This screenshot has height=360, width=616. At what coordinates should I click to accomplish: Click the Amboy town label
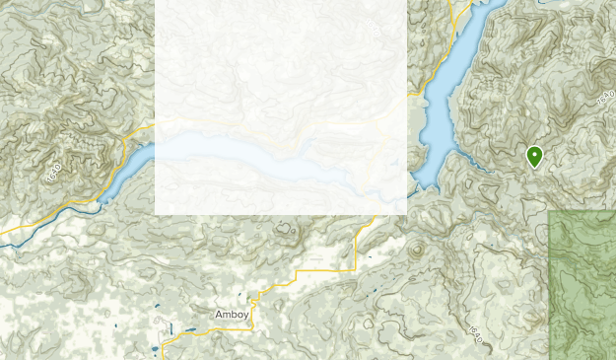232,314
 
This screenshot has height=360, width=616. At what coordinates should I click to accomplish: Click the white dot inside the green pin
534,153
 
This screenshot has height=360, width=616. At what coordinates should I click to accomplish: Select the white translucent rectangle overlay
281,107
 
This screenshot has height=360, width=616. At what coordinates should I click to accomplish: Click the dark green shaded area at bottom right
582,286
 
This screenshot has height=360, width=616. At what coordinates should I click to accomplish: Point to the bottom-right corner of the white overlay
406,214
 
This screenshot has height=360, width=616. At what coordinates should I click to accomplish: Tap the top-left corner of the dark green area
549,210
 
